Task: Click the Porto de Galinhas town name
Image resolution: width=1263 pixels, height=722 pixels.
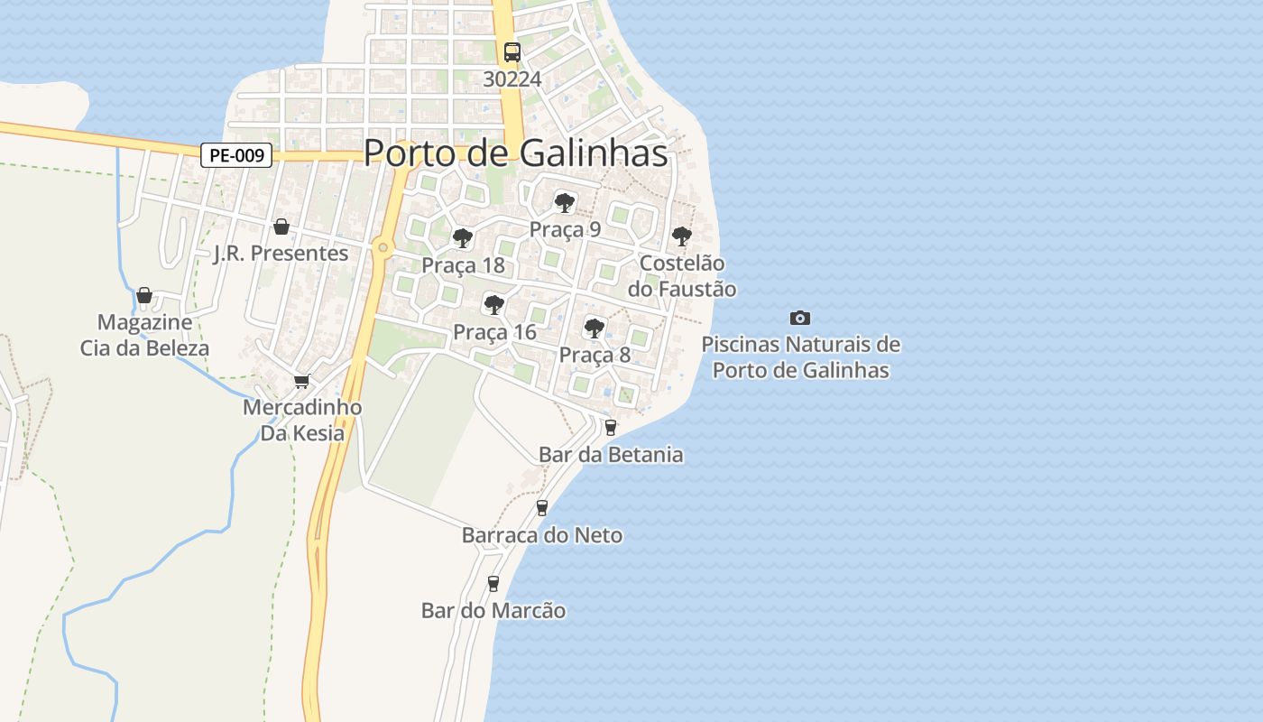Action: pos(515,153)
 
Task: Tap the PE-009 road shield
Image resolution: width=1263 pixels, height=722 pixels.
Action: pos(236,156)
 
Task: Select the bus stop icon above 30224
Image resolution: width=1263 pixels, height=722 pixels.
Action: pos(512,52)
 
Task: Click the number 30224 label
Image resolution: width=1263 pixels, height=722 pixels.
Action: pos(512,79)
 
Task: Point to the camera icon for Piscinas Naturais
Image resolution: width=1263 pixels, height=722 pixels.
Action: pos(799,318)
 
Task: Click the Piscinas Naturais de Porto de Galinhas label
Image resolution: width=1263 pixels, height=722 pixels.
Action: pos(800,357)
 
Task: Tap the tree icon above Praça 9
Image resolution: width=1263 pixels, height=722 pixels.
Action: pos(565,202)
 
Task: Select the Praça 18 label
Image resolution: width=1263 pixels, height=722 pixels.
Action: pos(464,266)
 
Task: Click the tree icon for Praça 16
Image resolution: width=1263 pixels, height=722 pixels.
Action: pos(493,304)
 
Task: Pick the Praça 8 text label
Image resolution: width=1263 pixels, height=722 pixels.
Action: pos(595,355)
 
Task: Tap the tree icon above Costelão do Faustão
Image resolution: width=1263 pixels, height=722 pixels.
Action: pos(681,236)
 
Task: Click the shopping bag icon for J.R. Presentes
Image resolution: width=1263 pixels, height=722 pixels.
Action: pos(281,226)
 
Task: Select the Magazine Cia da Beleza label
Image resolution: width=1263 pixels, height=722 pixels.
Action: pos(144,335)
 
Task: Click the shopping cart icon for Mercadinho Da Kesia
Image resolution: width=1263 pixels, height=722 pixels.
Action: pos(301,382)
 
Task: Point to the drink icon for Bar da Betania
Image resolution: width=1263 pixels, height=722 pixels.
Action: pos(611,427)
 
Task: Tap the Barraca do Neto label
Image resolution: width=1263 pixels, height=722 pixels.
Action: pos(541,535)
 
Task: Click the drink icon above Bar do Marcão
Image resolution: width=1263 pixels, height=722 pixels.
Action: pos(493,584)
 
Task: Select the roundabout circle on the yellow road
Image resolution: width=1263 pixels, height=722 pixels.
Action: pos(383,247)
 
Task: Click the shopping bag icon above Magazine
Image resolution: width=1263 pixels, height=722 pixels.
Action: pos(143,295)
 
